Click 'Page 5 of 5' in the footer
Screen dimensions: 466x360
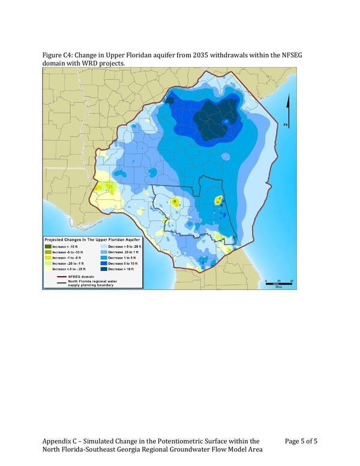[301, 441]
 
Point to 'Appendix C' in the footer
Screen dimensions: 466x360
[61, 441]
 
